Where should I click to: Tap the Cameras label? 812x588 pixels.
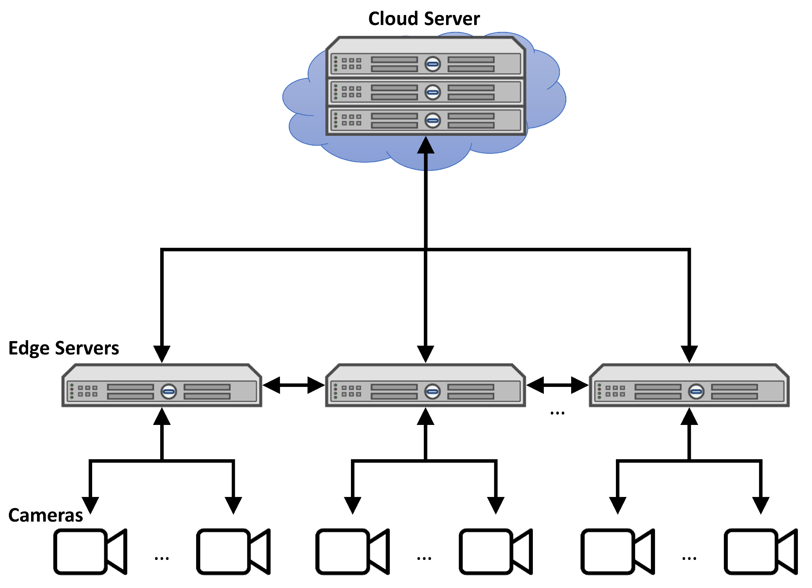coord(46,516)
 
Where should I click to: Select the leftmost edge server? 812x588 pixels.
coord(162,386)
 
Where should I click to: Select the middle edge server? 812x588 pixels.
coord(425,386)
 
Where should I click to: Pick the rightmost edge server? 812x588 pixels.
coord(689,386)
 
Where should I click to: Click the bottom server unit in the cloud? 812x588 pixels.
coord(425,120)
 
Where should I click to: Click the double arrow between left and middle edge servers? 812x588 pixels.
coord(294,385)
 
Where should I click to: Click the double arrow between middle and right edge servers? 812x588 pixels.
coord(557,385)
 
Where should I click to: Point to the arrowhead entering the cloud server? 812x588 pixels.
coord(426,146)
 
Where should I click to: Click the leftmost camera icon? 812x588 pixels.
coord(90,552)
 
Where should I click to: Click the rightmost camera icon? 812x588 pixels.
coord(761,552)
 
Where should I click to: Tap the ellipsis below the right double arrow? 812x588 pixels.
coord(557,413)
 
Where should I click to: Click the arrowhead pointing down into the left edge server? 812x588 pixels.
coord(162,354)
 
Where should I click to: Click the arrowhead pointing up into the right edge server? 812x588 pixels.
coord(689,417)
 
